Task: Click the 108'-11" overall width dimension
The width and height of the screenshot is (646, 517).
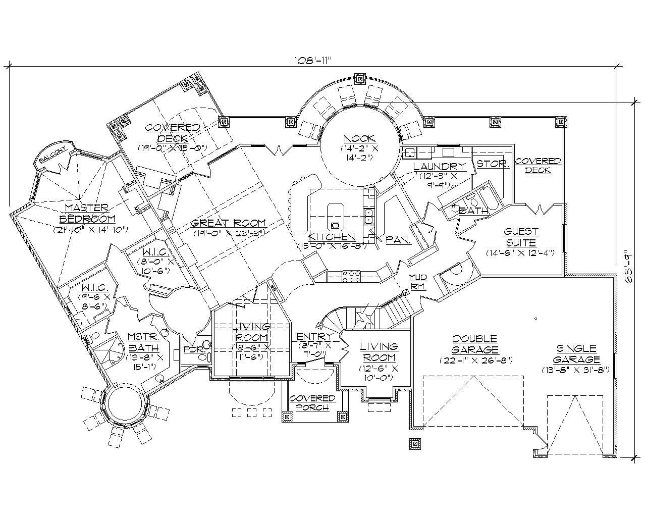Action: pos(310,60)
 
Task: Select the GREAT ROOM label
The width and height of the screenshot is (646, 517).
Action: pos(229,223)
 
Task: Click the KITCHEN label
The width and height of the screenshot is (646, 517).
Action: pos(332,237)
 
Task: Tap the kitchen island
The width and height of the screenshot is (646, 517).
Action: pos(335,217)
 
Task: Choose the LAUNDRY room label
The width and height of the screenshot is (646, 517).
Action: pos(439,167)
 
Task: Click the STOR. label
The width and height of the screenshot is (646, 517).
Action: pos(493,164)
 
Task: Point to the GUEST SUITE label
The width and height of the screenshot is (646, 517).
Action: pos(521,237)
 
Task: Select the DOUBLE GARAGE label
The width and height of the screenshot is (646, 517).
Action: pos(475,344)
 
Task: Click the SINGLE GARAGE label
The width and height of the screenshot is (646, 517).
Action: pos(576,354)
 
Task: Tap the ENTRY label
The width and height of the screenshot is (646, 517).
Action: pos(314,337)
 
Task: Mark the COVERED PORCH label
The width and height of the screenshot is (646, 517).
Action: pos(312,403)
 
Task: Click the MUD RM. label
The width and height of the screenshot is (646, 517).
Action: pos(418,282)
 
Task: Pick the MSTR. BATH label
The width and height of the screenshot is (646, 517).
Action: pos(143,342)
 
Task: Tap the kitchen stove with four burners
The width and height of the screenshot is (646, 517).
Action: pos(351,276)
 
